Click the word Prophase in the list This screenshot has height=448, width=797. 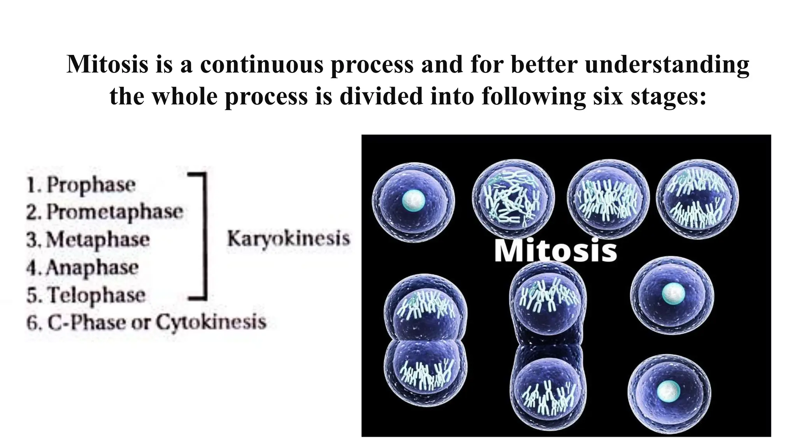coord(91,185)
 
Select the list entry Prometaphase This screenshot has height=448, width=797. coord(115,212)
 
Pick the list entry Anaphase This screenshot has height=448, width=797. coord(92,268)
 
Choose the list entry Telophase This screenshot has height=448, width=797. coord(97,295)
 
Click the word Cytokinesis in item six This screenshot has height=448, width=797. coord(211,322)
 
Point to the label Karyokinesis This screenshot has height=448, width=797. coord(288,238)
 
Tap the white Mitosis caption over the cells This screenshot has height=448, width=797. coord(555,251)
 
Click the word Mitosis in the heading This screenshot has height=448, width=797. coord(107,64)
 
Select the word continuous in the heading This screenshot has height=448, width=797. coord(262,64)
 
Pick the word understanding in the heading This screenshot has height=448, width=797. coord(667,64)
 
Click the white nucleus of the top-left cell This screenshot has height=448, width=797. coord(413,201)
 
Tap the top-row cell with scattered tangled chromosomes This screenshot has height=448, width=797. coord(513,199)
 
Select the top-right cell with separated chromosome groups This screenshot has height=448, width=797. coord(697,199)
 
